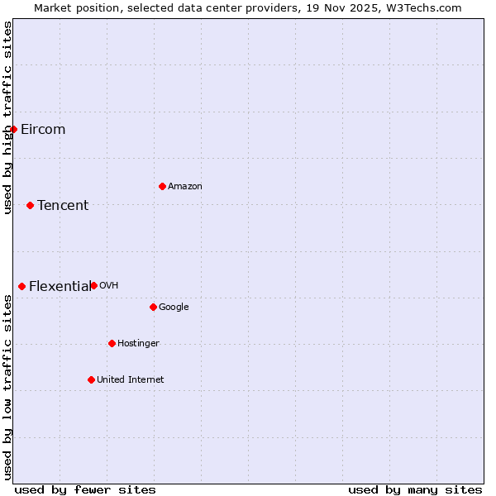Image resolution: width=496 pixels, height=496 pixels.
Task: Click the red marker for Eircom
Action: [13, 129]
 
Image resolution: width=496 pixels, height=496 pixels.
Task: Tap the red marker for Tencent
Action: [30, 205]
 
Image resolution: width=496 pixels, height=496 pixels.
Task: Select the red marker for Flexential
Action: [21, 286]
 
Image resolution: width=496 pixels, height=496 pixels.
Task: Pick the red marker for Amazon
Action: [162, 186]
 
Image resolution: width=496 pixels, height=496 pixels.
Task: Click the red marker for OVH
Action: [93, 285]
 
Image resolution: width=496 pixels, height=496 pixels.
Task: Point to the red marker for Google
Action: [153, 307]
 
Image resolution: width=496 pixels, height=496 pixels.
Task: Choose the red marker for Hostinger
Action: [112, 343]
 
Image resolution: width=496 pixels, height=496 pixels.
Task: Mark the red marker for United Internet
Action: [91, 379]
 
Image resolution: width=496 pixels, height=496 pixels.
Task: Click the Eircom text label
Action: [43, 129]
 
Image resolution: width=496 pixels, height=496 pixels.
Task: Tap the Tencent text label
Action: [63, 205]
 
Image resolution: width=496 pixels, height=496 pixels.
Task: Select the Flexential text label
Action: [60, 286]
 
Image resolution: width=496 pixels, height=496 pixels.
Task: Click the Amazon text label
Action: [185, 186]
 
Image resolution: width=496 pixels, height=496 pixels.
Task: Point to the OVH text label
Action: [109, 285]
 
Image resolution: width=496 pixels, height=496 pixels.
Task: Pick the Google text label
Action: [174, 307]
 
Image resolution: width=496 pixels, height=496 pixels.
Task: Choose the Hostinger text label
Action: [138, 343]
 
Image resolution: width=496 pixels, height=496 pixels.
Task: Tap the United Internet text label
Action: [131, 379]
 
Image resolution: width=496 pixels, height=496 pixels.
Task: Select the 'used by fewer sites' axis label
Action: [85, 489]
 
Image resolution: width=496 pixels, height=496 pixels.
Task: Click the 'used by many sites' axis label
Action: [415, 489]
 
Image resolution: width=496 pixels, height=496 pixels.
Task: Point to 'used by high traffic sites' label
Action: [7, 117]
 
